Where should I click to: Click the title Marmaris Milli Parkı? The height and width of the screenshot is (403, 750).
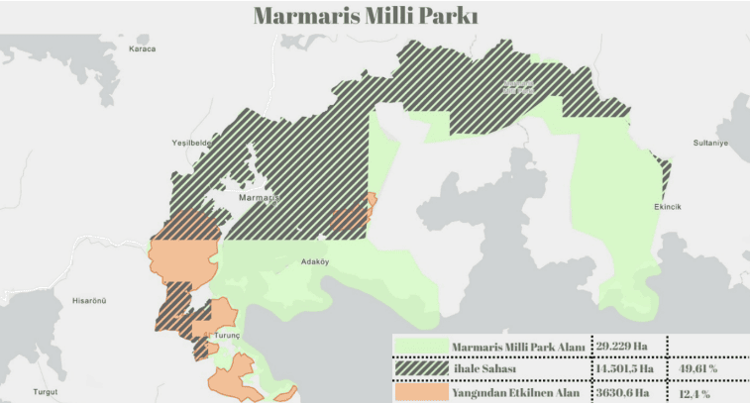[366, 16]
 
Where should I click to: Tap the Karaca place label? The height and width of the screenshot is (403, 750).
[143, 49]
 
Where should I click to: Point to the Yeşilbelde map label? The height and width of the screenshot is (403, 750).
[192, 143]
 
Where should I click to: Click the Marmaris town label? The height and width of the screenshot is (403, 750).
[260, 198]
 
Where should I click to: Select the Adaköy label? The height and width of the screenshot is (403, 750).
[314, 262]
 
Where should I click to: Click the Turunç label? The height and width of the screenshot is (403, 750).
[227, 336]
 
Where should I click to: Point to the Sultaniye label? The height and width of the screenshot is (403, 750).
[709, 143]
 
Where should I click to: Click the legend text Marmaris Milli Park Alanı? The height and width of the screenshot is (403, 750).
[518, 347]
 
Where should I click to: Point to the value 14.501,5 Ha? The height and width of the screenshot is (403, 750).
[629, 369]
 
